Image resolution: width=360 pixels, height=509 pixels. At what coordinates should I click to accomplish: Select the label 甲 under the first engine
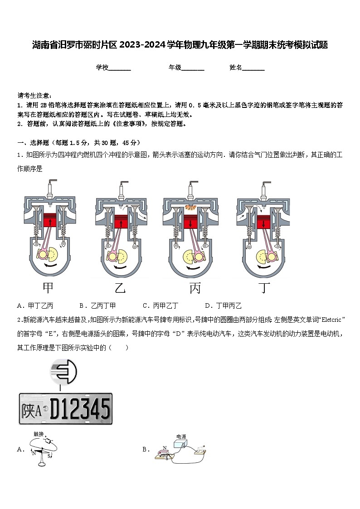click(x=49, y=288)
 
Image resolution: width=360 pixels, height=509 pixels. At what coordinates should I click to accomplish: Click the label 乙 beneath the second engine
click(x=120, y=288)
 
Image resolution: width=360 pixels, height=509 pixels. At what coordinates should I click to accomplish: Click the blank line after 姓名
click(x=253, y=68)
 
